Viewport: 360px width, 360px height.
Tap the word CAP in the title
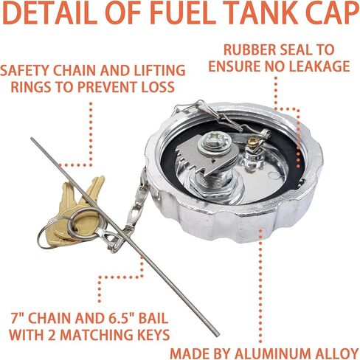[x=330, y=13]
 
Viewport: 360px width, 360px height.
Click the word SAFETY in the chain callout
[x=24, y=71]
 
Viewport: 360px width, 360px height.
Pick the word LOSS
[x=158, y=87]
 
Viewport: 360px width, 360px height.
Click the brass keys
[x=76, y=212]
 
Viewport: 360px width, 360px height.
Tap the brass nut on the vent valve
[x=253, y=142]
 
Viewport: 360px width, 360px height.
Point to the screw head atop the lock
[x=215, y=141]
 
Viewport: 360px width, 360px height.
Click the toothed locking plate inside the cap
[x=207, y=156]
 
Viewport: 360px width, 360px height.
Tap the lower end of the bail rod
[x=217, y=335]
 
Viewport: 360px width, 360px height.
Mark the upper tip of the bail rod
[x=32, y=139]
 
